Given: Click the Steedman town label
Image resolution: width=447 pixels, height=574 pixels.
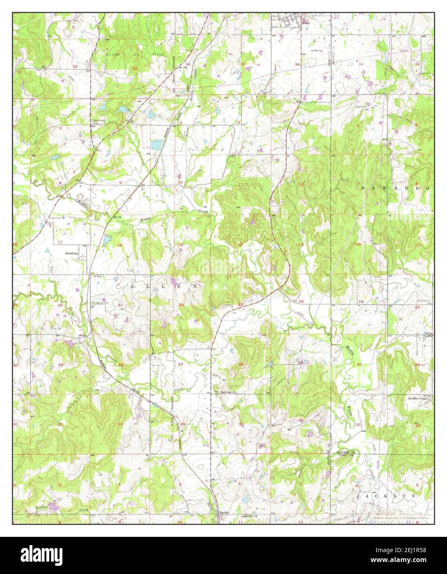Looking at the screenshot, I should pyautogui.click(x=71, y=252).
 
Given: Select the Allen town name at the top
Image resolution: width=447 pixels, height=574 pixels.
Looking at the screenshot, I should pyautogui.click(x=306, y=24).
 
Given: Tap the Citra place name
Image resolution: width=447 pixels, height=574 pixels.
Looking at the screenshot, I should pyautogui.click(x=427, y=333).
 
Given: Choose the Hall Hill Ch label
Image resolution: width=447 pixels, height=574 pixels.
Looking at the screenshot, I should pyautogui.click(x=250, y=516).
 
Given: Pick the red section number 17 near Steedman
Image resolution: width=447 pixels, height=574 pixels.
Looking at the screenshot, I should pyautogui.click(x=60, y=242).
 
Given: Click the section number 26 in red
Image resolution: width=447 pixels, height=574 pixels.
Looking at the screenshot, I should pyautogui.click(x=240, y=364).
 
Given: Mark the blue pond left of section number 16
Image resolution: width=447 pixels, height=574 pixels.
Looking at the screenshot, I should pyautogui.click(x=107, y=240).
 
